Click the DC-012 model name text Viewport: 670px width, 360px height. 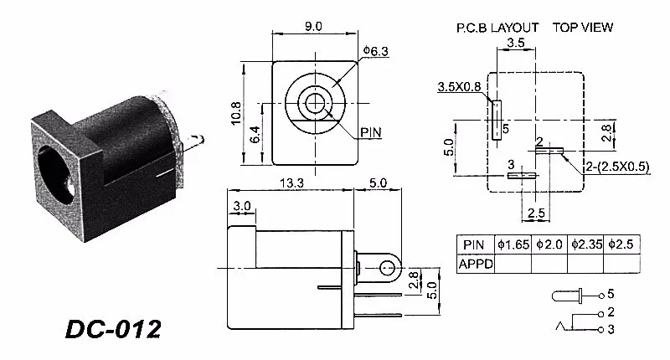113,329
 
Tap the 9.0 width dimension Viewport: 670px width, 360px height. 313,26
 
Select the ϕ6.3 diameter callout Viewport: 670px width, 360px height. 375,51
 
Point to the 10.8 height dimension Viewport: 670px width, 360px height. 236,113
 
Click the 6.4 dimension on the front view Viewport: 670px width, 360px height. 255,134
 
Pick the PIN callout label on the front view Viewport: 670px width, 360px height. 370,132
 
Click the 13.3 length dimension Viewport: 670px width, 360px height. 291,183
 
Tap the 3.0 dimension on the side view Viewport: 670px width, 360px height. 242,206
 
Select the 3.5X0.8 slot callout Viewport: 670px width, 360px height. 459,87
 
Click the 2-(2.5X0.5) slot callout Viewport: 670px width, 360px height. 617,167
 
